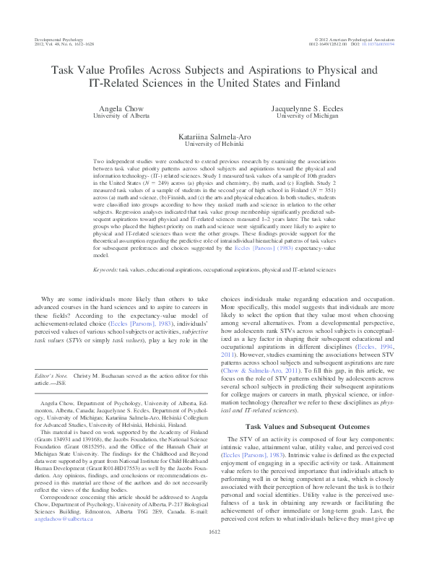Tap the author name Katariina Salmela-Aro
pos(214,136)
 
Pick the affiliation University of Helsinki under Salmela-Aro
pos(214,144)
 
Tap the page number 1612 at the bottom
pos(214,552)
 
